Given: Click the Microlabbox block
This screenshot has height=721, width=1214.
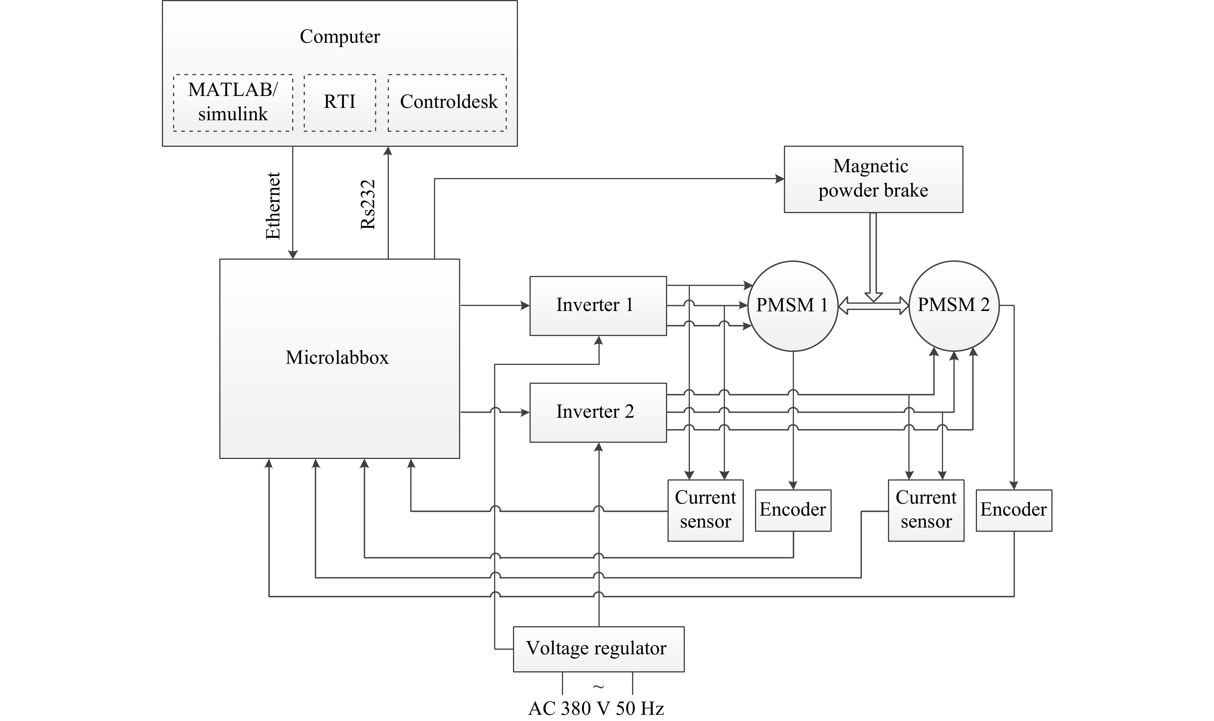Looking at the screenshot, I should [x=339, y=358].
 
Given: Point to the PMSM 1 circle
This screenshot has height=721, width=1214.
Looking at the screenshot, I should [x=792, y=306].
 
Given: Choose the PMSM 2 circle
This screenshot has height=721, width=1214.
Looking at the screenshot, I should [x=953, y=306].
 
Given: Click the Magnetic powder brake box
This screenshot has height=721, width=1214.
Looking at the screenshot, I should [x=873, y=179].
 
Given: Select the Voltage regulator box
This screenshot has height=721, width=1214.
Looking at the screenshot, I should [x=598, y=649].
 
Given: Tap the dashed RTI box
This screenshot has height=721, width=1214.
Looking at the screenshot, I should [x=340, y=103].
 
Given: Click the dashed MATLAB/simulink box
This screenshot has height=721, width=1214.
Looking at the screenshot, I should [x=233, y=103].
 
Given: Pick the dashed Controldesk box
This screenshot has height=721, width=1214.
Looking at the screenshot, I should [x=447, y=103].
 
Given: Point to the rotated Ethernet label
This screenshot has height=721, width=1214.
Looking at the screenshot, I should [x=273, y=206].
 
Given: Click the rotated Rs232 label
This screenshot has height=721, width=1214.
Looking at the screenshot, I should [x=368, y=205].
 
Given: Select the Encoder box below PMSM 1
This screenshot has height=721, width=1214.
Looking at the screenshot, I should [x=793, y=510].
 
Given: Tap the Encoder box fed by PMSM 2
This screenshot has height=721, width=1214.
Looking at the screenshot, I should [x=1013, y=510].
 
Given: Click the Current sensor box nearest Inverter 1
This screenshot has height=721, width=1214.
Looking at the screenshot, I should [x=705, y=510].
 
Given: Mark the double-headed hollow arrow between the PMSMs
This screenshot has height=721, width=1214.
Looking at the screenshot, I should [x=873, y=306].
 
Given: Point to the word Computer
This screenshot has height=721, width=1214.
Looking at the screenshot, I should [x=340, y=37].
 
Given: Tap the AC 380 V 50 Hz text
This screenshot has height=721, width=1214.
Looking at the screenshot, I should [x=596, y=709].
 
